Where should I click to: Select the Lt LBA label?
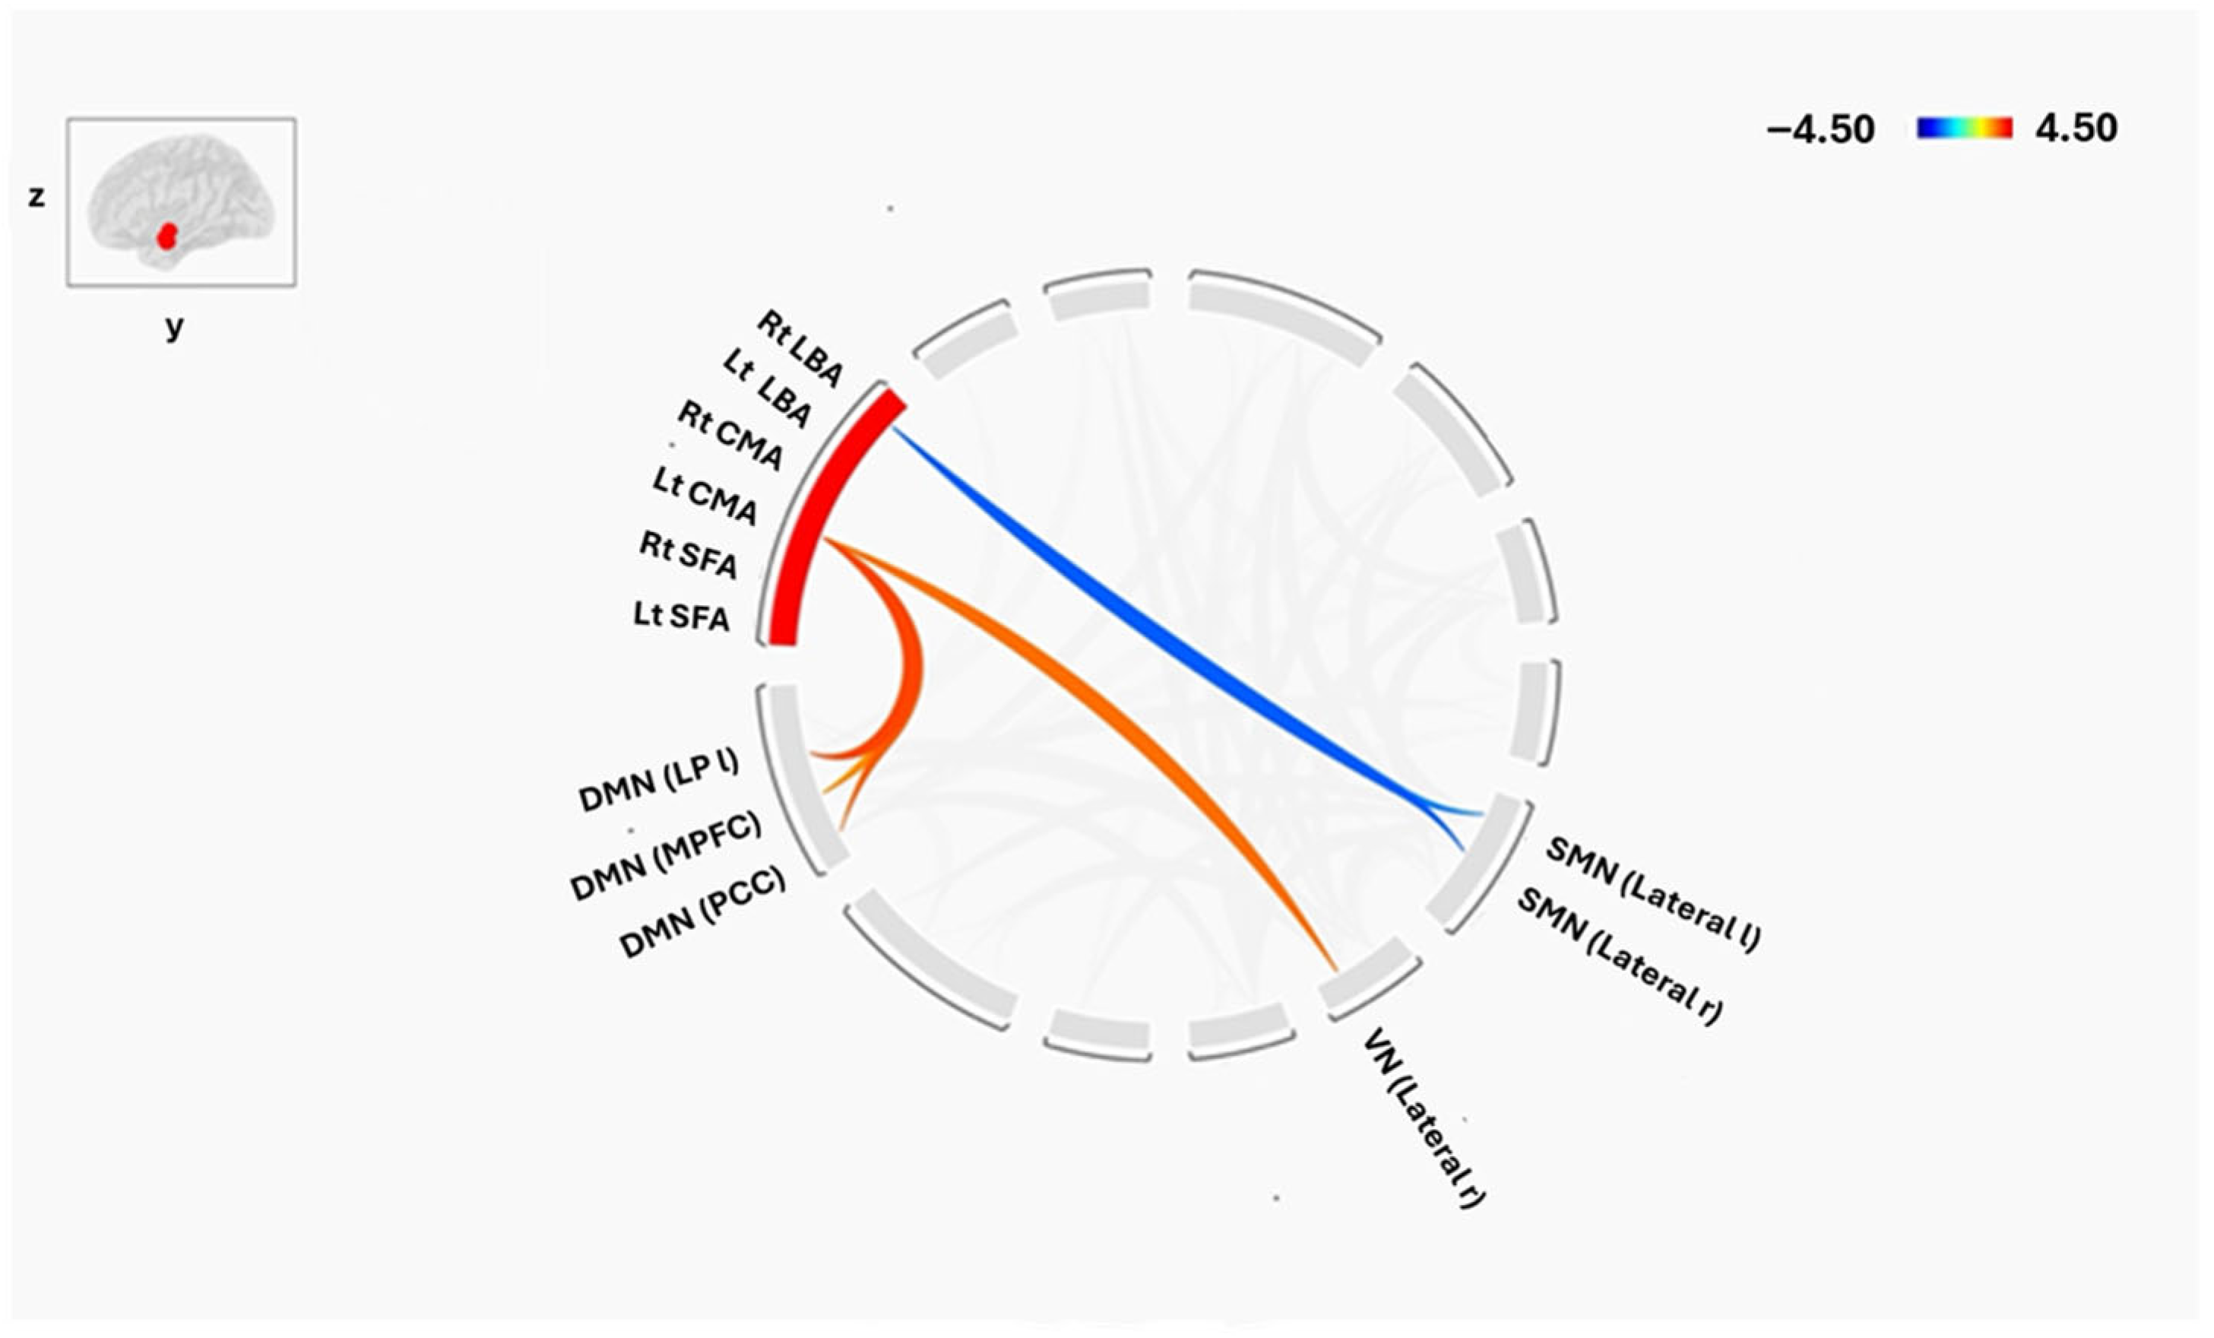click(x=766, y=390)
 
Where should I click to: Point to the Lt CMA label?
click(x=705, y=496)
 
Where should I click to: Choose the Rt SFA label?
click(x=689, y=555)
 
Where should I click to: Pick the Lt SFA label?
click(x=681, y=617)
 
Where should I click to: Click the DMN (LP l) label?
click(x=659, y=782)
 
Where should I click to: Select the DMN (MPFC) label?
click(x=665, y=855)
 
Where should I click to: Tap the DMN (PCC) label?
click(x=702, y=912)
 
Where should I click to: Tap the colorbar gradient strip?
click(x=1964, y=128)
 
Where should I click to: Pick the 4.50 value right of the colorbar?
click(x=2076, y=128)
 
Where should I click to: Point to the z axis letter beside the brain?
click(x=36, y=197)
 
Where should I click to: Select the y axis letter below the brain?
click(x=174, y=327)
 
